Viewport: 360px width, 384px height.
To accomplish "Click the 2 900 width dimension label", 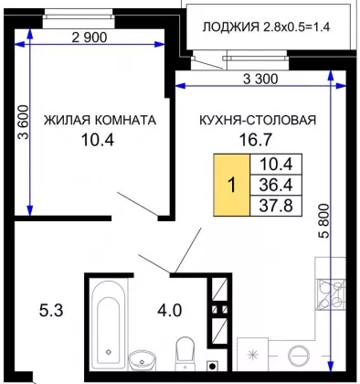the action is [90, 37].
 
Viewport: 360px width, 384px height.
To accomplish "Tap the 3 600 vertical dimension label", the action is [23, 123].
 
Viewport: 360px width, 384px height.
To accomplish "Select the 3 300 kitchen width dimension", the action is [260, 80].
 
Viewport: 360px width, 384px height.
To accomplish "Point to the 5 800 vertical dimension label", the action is [324, 221].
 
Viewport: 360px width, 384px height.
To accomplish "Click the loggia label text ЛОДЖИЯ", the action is [230, 27].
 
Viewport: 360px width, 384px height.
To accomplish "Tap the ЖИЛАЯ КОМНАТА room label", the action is [100, 121].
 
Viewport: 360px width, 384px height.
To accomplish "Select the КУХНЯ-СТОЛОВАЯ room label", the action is [258, 120].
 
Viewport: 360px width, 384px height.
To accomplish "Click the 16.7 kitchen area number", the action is [255, 140].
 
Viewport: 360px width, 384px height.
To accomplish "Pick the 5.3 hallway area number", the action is [51, 311].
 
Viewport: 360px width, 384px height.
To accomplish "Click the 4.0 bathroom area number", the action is [170, 311].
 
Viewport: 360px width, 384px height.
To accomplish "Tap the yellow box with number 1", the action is [232, 185].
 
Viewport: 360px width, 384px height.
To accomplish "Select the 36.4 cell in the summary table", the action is [276, 185].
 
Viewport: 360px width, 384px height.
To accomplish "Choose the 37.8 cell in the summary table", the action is [276, 206].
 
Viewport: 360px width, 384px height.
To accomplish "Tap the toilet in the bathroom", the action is [185, 353].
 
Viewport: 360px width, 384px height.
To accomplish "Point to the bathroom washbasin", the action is [142, 360].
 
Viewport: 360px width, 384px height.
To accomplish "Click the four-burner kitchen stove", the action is [331, 295].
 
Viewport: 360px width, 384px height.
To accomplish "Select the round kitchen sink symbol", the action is [299, 356].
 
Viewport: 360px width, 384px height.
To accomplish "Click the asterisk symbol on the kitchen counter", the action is [252, 355].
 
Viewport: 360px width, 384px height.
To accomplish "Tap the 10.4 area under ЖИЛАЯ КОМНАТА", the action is [98, 140].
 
